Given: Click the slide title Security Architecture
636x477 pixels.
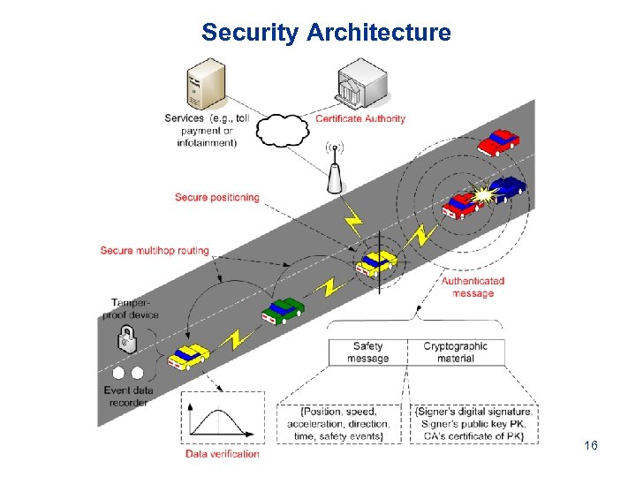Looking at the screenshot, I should pos(326,34).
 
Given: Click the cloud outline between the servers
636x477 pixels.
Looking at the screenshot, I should pos(282,130).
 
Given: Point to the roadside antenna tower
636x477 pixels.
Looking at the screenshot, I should pos(335,172).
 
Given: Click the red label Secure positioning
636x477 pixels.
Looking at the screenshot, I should pos(216,197).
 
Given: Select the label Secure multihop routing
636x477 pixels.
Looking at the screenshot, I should pos(155,251).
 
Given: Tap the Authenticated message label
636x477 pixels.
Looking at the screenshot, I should pos(473,287).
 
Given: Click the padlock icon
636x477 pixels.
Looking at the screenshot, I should pos(128,337).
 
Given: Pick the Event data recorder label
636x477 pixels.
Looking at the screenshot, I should pos(131,396).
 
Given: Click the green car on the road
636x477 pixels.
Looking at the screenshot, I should pos(283,309).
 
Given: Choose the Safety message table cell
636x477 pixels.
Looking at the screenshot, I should pos(367,352).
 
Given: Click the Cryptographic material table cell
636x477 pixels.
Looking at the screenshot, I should pos(455,352).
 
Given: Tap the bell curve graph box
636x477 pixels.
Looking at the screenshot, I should pos(223,419).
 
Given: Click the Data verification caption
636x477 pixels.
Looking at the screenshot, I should pos(223,454).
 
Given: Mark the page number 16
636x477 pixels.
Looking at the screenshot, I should pos(591,446).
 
